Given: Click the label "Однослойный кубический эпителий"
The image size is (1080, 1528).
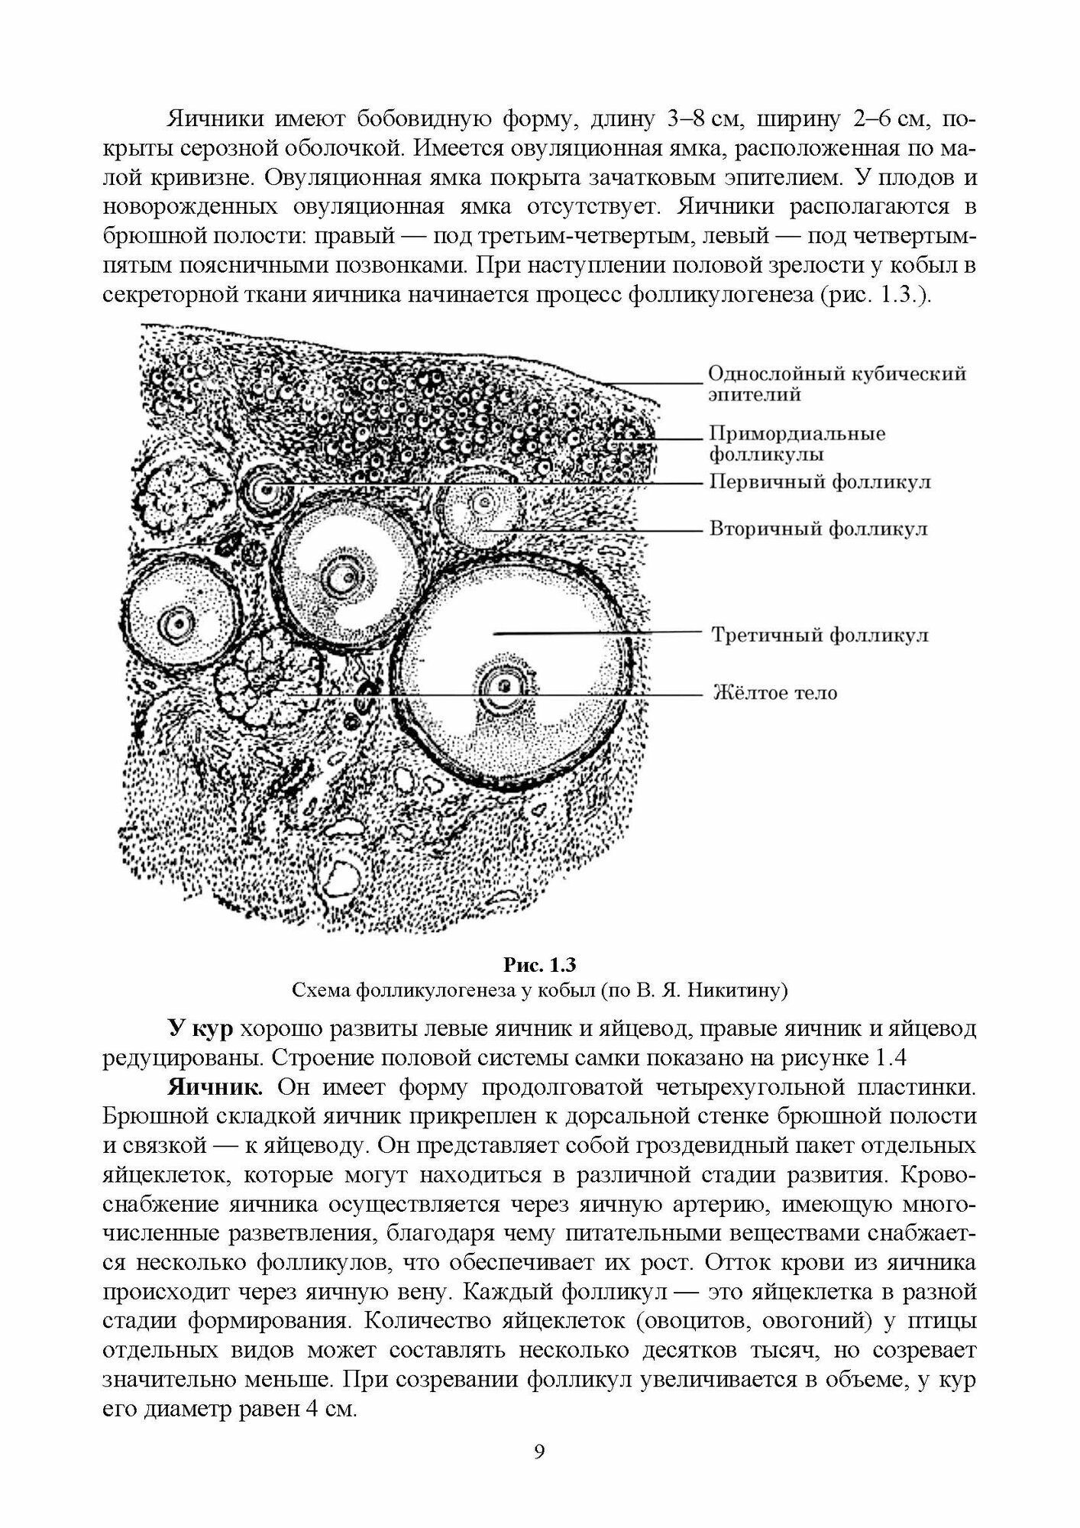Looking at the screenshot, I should point(836,384).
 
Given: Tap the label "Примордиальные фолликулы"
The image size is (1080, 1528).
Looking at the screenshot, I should point(797,444).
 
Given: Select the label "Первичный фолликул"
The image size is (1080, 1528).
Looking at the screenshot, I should point(820,483).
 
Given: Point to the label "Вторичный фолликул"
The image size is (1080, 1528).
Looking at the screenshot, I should point(819,529).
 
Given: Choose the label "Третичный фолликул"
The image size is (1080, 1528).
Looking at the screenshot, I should point(820,634).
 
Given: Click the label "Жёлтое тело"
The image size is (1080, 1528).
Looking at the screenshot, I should point(774,693).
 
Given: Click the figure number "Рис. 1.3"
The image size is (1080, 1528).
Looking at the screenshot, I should point(539,964).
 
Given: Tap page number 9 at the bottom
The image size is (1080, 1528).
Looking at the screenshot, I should point(539,1452).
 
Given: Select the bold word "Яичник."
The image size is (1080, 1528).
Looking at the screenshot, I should point(217,1086).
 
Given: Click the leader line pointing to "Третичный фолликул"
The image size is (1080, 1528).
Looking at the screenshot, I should point(596,633).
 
